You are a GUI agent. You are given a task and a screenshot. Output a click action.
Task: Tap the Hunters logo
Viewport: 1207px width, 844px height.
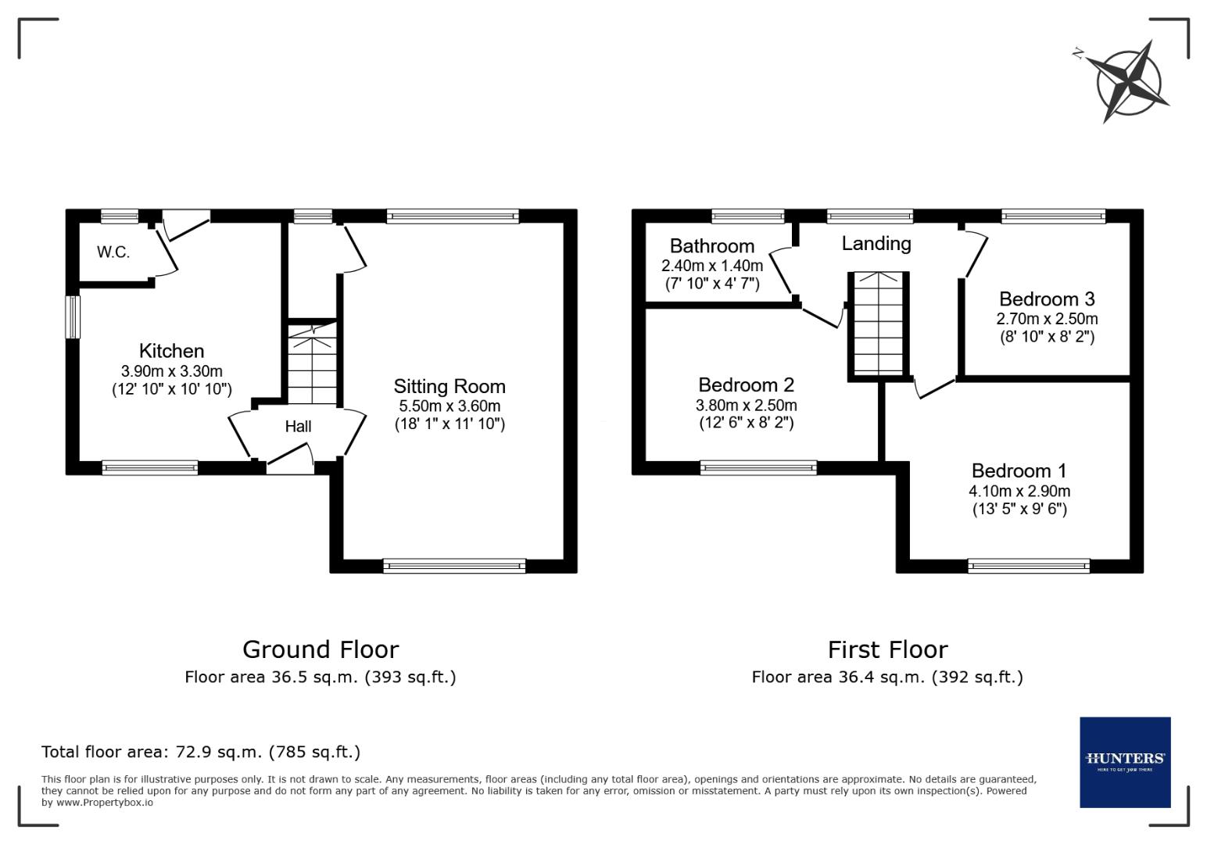[x=1125, y=762]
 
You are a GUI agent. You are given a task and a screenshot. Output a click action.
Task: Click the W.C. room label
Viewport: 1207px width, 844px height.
[x=113, y=252]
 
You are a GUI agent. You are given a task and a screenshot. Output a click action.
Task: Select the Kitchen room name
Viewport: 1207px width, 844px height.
[x=171, y=351]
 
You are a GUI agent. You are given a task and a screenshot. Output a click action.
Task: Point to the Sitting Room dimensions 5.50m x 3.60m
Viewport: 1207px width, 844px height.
[x=449, y=406]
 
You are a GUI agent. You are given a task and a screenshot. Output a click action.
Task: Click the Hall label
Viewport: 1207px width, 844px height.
[x=298, y=426]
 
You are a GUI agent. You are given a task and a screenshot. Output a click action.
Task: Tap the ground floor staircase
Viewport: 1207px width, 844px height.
[x=313, y=366]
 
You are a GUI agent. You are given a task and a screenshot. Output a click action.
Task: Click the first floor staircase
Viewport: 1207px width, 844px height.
[x=879, y=324]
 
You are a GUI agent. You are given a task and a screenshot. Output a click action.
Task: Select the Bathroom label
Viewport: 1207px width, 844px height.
[x=711, y=246]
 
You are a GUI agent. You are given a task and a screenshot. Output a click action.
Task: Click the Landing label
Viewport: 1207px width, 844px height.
[x=876, y=243]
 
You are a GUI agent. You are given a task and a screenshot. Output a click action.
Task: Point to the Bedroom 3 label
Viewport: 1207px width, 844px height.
[x=1047, y=299]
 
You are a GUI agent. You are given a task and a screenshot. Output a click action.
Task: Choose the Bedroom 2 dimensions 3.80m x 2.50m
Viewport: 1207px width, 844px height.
[x=746, y=405]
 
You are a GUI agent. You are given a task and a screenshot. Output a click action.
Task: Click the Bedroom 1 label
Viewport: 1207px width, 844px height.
[x=1019, y=470]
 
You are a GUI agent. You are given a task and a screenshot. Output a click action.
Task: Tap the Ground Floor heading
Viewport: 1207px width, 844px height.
[x=321, y=649]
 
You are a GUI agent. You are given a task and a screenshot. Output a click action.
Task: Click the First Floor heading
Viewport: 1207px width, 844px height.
[x=887, y=649]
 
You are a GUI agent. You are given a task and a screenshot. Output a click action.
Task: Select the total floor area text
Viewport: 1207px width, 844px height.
[x=201, y=752]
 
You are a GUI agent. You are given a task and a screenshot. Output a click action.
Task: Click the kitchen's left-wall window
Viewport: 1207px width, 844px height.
[x=73, y=316]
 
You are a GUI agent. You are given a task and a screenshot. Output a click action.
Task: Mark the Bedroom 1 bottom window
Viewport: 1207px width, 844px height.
[x=1028, y=566]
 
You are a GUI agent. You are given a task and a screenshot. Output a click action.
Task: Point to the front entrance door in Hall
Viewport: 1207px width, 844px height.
[x=290, y=459]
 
